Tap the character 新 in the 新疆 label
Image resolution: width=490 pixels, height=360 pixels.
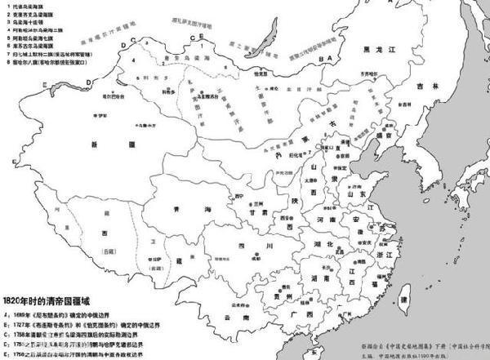click(96, 144)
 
